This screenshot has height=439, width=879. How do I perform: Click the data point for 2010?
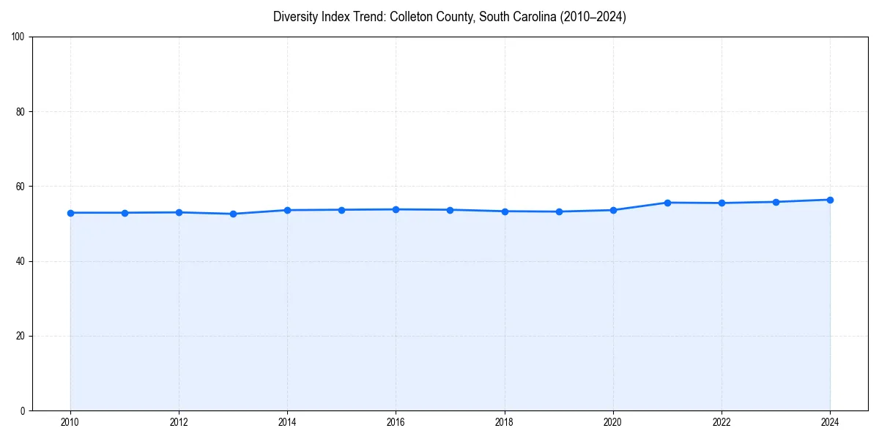pyautogui.click(x=70, y=213)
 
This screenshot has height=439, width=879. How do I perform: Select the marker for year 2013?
pyautogui.click(x=233, y=214)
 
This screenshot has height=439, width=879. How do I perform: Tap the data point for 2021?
pyautogui.click(x=667, y=203)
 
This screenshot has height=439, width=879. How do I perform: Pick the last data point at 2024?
pyautogui.click(x=830, y=200)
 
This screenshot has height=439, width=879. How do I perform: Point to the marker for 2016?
pyautogui.click(x=396, y=209)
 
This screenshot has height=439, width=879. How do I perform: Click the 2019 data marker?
pyautogui.click(x=559, y=211)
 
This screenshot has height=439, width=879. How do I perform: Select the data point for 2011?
pyautogui.click(x=125, y=213)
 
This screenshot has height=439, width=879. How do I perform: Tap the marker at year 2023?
pyautogui.click(x=776, y=202)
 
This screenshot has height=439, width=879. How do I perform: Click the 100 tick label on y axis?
pyautogui.click(x=18, y=37)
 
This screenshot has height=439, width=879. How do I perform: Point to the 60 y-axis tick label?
pyautogui.click(x=21, y=187)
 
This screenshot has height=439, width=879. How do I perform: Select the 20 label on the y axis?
pyautogui.click(x=21, y=336)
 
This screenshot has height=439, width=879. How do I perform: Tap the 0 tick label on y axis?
pyautogui.click(x=23, y=410)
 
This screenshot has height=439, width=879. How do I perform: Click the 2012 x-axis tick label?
pyautogui.click(x=179, y=422)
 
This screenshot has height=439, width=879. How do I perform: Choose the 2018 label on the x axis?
pyautogui.click(x=504, y=422)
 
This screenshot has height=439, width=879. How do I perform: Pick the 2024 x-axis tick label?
pyautogui.click(x=830, y=422)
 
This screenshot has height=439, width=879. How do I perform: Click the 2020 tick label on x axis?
pyautogui.click(x=612, y=422)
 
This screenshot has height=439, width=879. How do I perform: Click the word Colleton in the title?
pyautogui.click(x=413, y=17)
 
